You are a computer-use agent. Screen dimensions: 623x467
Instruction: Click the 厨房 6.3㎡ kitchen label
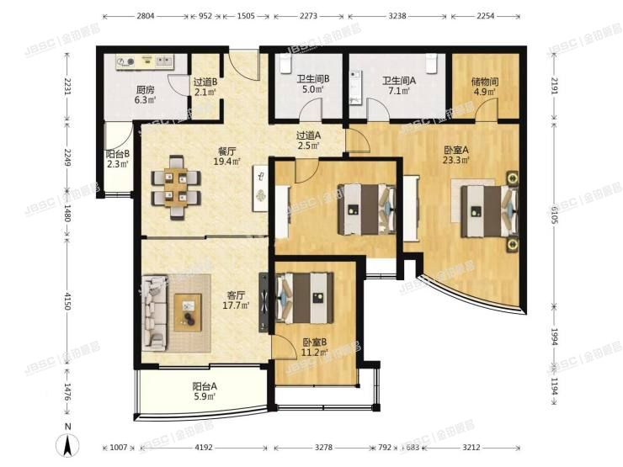145,95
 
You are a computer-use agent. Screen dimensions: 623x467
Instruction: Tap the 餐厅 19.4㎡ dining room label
227,157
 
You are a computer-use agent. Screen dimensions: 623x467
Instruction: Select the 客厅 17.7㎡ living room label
236,300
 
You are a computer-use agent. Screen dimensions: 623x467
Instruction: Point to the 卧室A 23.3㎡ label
456,155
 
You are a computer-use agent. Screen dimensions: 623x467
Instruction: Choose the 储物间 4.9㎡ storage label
485,87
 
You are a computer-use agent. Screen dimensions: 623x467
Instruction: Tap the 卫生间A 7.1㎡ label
399,85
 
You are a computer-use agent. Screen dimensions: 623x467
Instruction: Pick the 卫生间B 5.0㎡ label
313,83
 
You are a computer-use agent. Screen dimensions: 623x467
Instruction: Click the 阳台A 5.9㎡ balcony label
205,391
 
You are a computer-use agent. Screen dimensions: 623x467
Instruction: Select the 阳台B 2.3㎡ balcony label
117,158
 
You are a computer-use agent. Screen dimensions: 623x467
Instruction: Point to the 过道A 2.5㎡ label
309,141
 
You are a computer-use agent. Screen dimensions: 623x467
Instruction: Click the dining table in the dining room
176,188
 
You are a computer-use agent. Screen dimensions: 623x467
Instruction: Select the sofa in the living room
154,313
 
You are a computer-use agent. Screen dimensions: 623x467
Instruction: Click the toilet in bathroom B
285,63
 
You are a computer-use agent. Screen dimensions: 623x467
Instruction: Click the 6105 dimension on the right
555,215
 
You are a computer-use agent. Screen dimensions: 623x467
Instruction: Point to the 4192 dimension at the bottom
204,448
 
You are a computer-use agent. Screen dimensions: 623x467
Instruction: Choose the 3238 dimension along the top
397,16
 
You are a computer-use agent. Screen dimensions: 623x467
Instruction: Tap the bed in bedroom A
489,211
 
